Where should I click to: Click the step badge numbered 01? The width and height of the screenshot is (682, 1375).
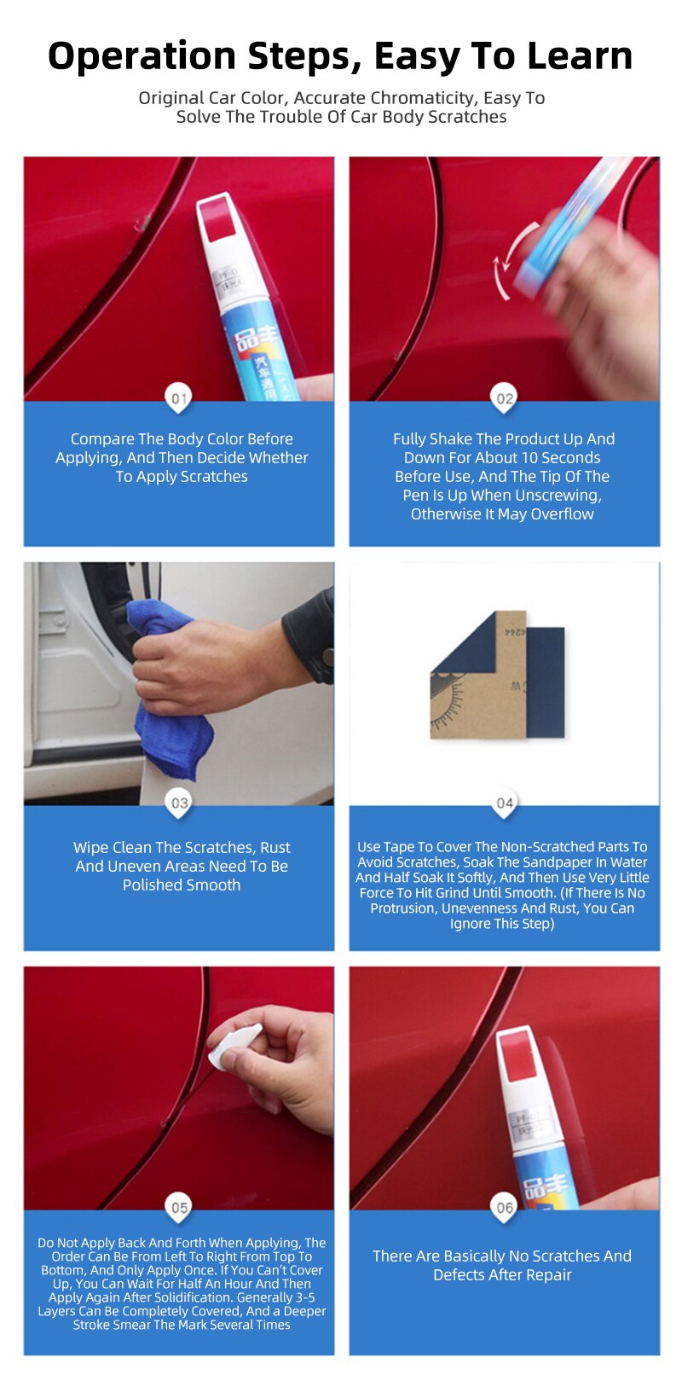178,398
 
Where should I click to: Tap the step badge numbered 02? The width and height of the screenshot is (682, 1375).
505,398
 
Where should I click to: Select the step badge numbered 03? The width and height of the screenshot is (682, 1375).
179,803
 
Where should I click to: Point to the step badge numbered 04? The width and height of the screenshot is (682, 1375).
505,803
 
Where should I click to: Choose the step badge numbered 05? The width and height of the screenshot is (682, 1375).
179,1207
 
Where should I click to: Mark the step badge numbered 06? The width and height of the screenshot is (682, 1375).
505,1207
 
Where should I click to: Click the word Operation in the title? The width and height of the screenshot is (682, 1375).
142,56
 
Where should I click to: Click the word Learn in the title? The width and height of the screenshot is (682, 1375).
580,56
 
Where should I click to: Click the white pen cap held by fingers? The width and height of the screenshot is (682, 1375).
234,1047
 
